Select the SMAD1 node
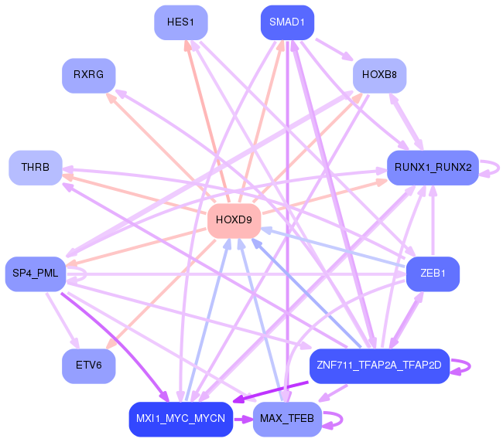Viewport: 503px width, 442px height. coord(287,22)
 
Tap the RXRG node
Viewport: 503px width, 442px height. coord(88,75)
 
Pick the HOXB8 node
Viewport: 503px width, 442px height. coord(379,75)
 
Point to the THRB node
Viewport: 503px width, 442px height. coord(35,168)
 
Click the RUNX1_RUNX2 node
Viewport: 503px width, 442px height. coord(433,168)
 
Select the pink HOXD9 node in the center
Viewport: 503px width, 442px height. coord(234,220)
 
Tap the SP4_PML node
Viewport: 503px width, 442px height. coord(35,274)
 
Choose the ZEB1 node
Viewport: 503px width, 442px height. coord(433,274)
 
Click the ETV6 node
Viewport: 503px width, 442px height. coord(88,365)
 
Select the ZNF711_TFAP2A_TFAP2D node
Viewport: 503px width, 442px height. coord(379,365)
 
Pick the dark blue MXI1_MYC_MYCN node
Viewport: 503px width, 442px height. coord(181,419)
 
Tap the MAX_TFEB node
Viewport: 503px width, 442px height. coord(287,419)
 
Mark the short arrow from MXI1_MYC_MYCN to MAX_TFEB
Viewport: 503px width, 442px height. coord(243,419)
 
